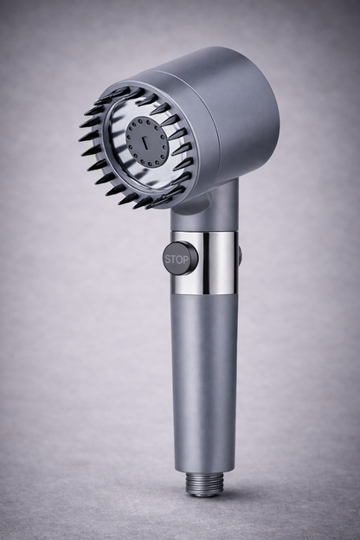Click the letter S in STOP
(169, 258)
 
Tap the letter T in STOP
(175, 258)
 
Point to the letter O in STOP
(181, 258)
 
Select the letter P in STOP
(187, 258)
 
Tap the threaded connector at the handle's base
(204, 485)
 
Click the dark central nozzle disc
(146, 141)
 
